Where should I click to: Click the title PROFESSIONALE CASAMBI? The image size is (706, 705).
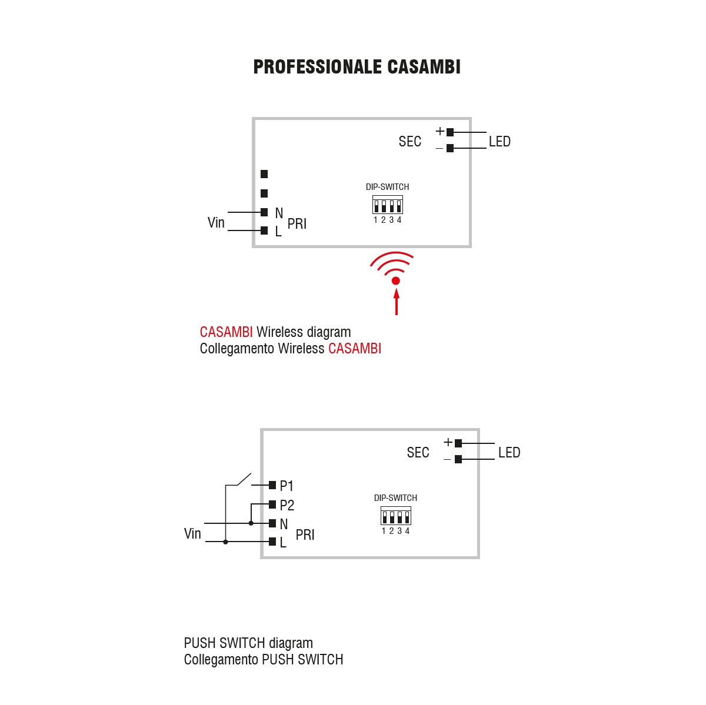click(x=357, y=67)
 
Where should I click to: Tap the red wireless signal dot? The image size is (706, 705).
click(x=395, y=281)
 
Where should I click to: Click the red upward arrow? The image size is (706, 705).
click(x=396, y=302)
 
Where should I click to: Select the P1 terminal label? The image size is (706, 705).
click(x=286, y=486)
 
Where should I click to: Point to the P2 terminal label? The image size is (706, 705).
click(x=287, y=506)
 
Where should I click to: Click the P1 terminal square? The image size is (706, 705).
click(x=272, y=485)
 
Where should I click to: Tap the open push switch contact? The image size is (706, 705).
click(x=244, y=479)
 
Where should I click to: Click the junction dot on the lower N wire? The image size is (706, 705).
click(x=251, y=523)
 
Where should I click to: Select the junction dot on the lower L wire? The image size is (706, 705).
click(x=225, y=542)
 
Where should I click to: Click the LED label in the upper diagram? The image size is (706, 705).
click(x=499, y=141)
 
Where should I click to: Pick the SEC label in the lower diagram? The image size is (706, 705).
click(x=418, y=453)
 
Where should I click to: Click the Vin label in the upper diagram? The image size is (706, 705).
click(x=216, y=222)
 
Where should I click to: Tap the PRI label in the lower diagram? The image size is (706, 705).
click(x=305, y=535)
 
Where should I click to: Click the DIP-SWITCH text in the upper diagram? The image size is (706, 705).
click(x=387, y=187)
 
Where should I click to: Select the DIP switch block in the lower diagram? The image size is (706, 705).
click(x=396, y=516)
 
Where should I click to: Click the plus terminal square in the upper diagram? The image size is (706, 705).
click(x=450, y=132)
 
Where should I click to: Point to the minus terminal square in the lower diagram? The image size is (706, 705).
click(x=458, y=459)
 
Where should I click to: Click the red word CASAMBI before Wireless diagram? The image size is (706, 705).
click(x=226, y=332)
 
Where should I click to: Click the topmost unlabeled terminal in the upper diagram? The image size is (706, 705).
click(x=264, y=174)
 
